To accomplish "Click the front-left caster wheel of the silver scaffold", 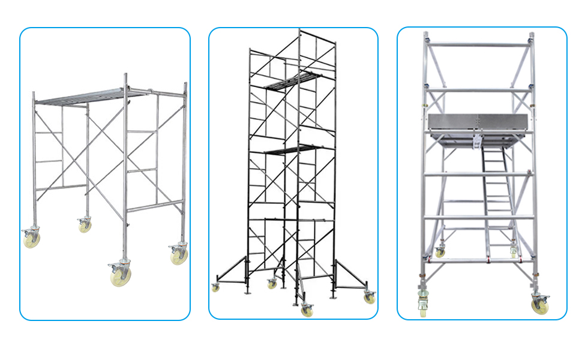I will click(x=31, y=238).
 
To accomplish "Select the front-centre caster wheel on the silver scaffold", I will click(x=121, y=274).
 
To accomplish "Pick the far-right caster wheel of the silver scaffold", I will click(x=179, y=254).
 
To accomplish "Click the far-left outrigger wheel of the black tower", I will click(x=215, y=287).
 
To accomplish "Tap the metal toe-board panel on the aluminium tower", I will click(x=480, y=122).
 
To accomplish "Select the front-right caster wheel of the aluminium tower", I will click(x=538, y=305).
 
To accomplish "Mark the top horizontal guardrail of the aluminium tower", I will click(x=478, y=44).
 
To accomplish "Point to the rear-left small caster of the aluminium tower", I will click(x=440, y=252).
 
